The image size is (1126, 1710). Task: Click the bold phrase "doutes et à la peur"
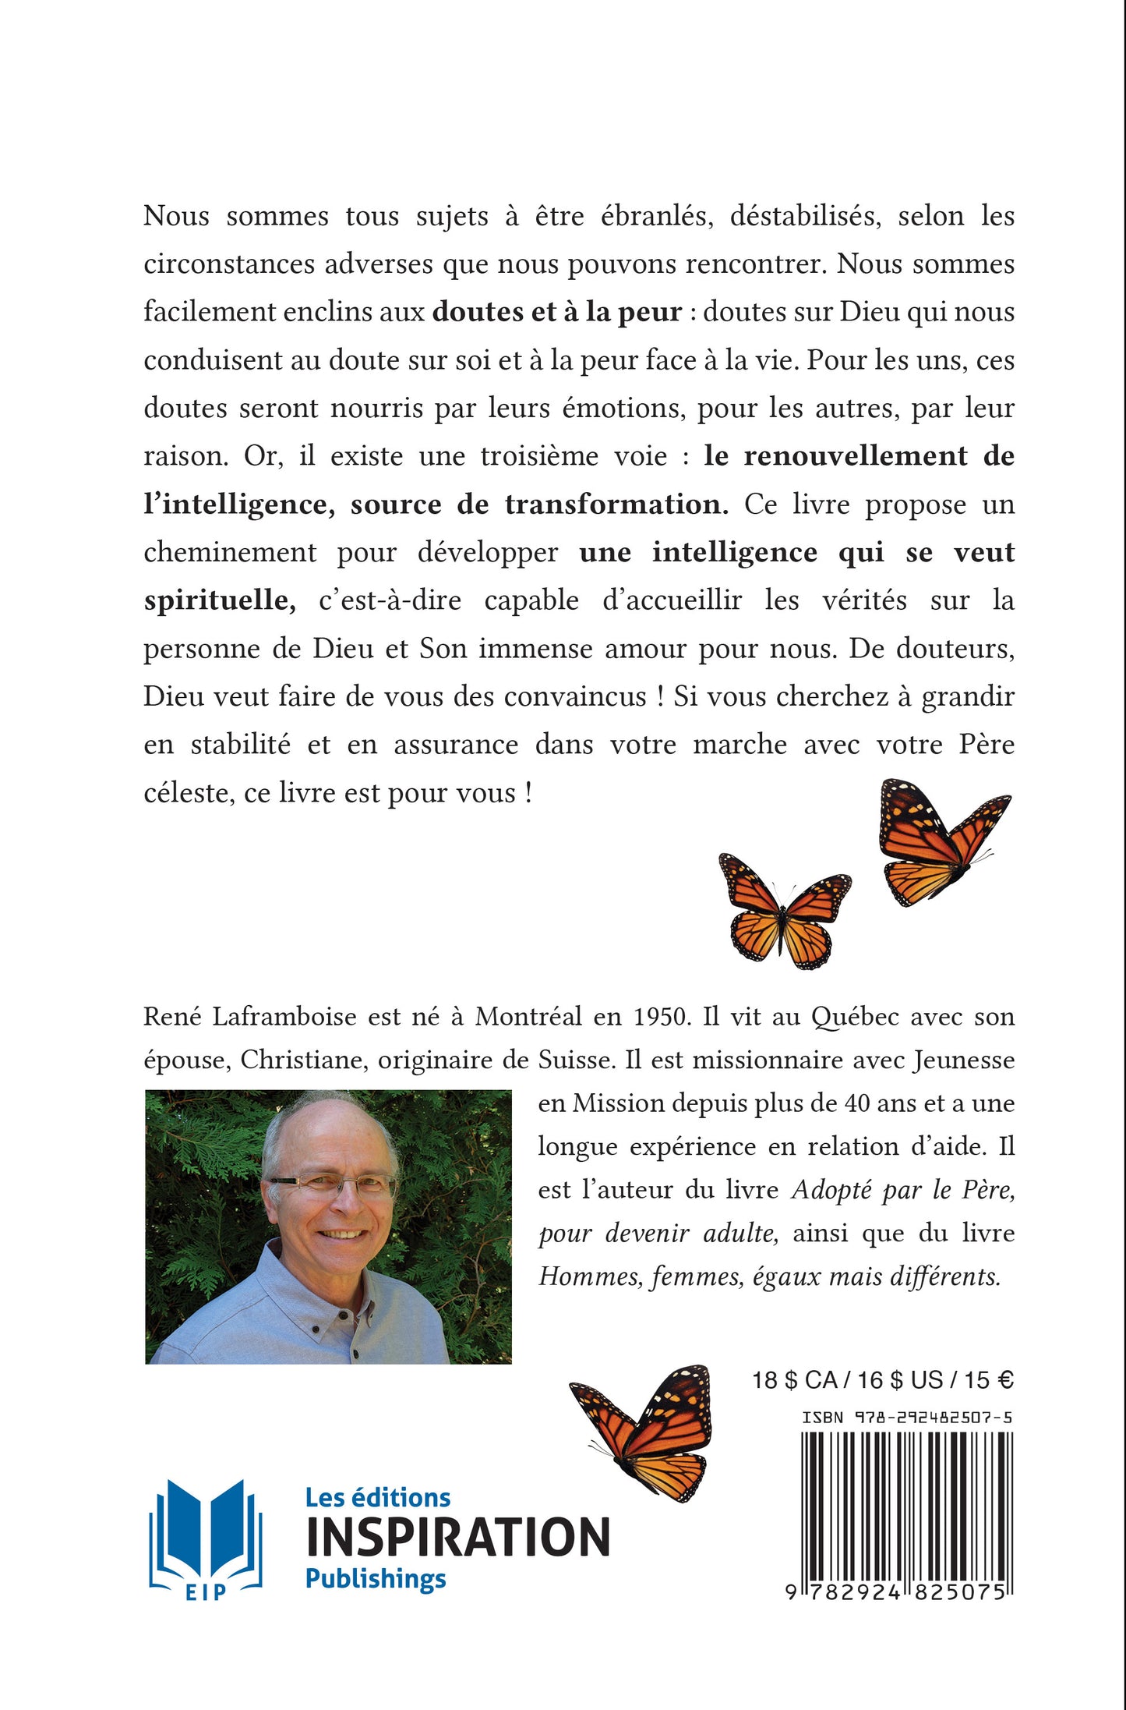[557, 312]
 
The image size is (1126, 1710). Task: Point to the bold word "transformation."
[616, 505]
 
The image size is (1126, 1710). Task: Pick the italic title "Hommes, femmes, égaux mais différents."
[769, 1276]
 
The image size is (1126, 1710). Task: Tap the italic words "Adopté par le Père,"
[902, 1190]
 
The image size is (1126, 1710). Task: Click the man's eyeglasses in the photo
[333, 1187]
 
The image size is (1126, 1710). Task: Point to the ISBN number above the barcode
[907, 1417]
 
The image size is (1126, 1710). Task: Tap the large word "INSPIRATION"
[457, 1538]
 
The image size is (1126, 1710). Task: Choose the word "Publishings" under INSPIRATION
[376, 1579]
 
